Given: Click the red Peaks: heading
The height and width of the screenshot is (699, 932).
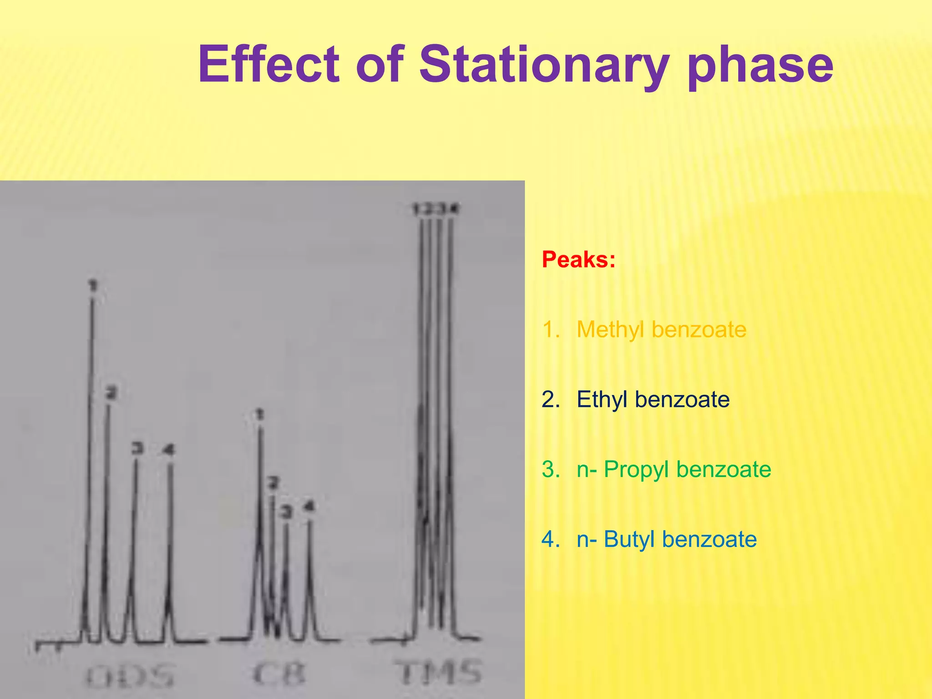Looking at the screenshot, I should pos(578,260).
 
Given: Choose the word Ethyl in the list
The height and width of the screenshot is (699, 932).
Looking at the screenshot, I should pos(603,400).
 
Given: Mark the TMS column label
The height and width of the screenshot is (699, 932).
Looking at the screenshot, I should pos(440,673).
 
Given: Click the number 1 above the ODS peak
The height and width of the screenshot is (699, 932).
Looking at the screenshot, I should pos(93,285).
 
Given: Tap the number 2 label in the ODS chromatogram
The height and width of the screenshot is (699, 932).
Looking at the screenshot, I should pos(111,392).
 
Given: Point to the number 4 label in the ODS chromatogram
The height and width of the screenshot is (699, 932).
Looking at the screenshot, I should pos(169,450).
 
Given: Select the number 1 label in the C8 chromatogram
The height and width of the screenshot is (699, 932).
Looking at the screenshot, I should pos(259,414).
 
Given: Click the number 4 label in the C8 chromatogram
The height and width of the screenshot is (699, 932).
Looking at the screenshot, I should pos(309,506).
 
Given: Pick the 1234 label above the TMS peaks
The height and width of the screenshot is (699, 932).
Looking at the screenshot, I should pos(436,209).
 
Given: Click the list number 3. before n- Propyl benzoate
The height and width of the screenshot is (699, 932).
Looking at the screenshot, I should pos(551,470).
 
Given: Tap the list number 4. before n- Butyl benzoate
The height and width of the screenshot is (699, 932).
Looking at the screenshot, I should pos(551,539).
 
